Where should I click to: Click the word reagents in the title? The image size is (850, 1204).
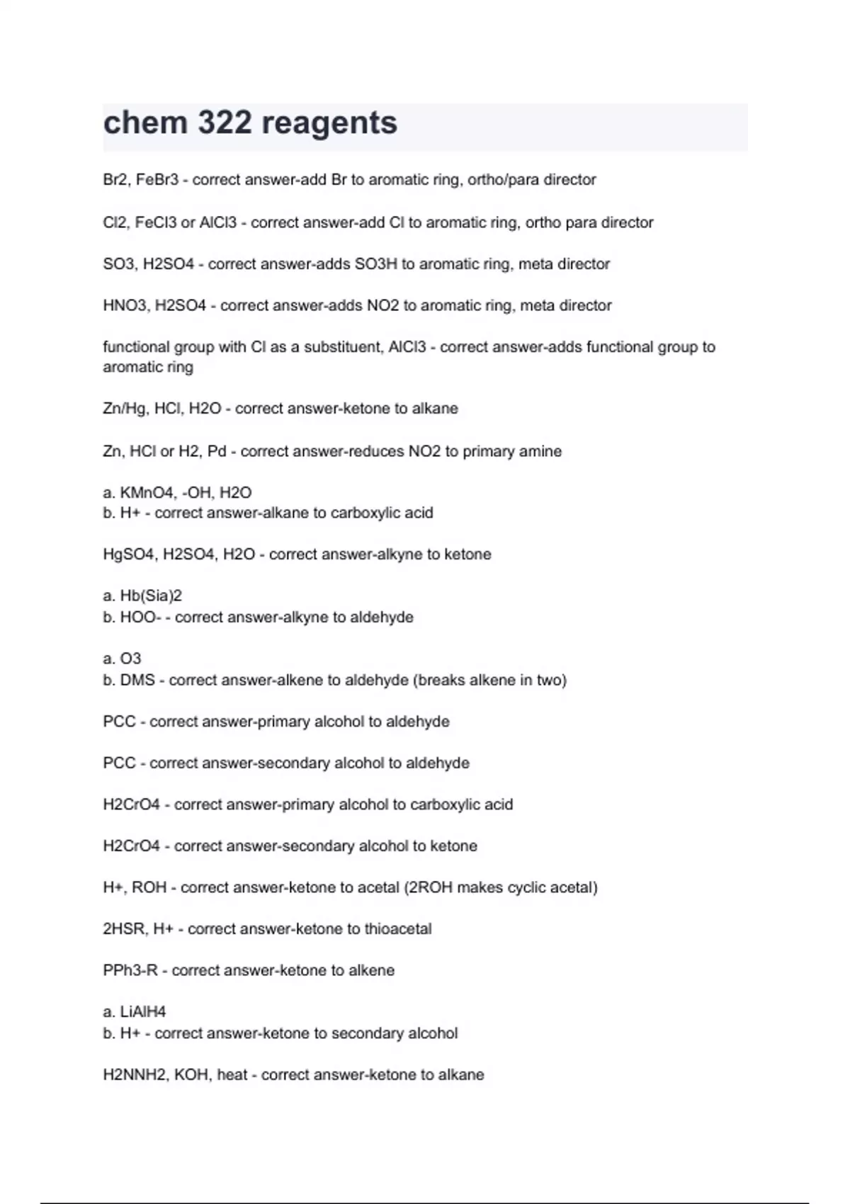[x=329, y=123]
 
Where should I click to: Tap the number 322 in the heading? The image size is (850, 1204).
[x=225, y=123]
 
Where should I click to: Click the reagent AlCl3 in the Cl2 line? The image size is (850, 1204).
[x=217, y=222]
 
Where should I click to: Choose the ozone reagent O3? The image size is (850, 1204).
[x=131, y=659]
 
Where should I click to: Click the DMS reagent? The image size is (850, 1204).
[x=137, y=680]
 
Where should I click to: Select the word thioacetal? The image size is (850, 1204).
[x=398, y=929]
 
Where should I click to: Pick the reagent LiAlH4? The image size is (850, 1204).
[x=143, y=1012]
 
